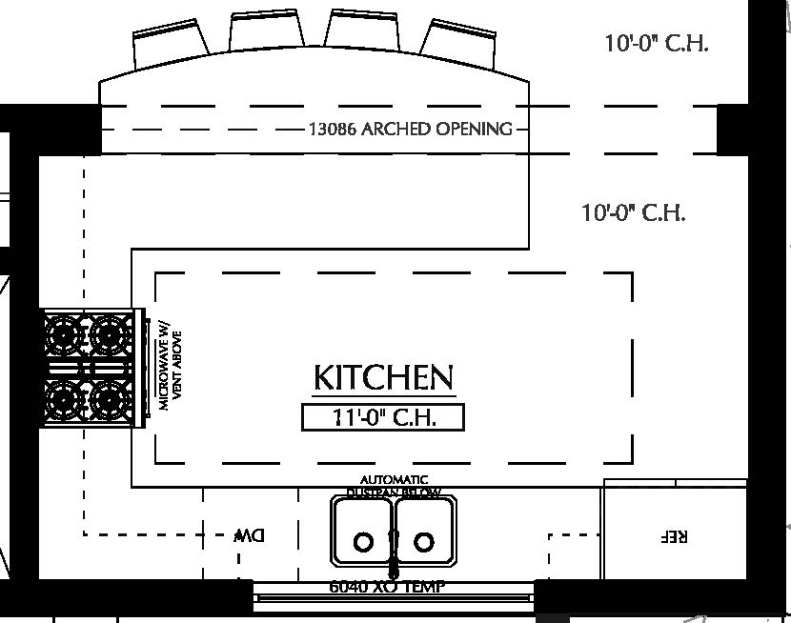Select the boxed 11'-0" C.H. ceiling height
point(383,417)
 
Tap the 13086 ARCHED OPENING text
point(410,129)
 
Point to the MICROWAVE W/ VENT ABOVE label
point(170,364)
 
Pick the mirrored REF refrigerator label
point(673,536)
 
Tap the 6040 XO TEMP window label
point(386,587)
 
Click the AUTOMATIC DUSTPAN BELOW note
point(394,486)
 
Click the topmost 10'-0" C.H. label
point(656,44)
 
